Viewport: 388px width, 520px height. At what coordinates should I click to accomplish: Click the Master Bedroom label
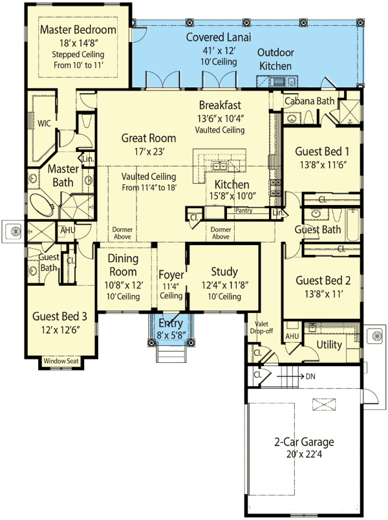pos(78,30)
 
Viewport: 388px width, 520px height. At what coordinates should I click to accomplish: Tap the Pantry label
pos(244,210)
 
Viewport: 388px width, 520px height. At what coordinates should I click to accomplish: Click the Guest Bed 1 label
pos(322,151)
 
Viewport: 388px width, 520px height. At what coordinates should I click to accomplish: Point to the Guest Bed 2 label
pos(322,280)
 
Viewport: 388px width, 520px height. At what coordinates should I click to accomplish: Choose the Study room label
pos(224,272)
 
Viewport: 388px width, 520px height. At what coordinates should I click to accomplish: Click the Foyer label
pos(171,275)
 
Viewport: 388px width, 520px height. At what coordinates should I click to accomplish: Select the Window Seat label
pos(61,360)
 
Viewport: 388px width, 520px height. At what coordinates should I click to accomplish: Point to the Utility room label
pos(329,345)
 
